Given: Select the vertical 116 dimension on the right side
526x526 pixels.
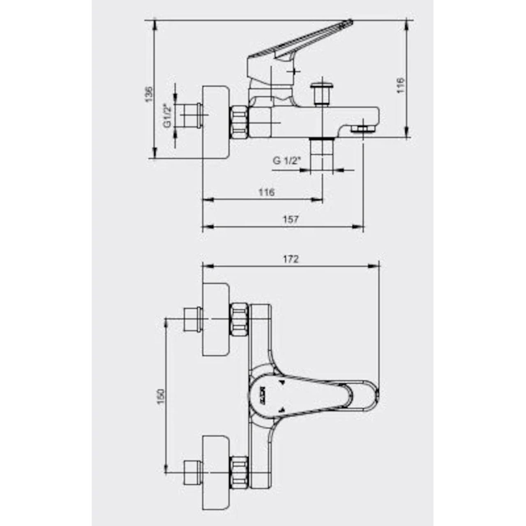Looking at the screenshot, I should click(401, 85).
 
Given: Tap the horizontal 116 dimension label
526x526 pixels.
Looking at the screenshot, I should click(266, 192).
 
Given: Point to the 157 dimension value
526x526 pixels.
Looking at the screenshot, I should click(291, 219).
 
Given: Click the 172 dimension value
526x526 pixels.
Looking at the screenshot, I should click(291, 259).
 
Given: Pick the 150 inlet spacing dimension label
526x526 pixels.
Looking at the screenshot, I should click(161, 396).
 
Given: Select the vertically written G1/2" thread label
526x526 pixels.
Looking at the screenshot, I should click(167, 115).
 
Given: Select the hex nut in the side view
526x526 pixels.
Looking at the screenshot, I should click(239, 122).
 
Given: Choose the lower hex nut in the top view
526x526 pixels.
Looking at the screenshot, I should click(239, 471).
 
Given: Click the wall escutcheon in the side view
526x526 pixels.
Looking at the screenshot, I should click(216, 122).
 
